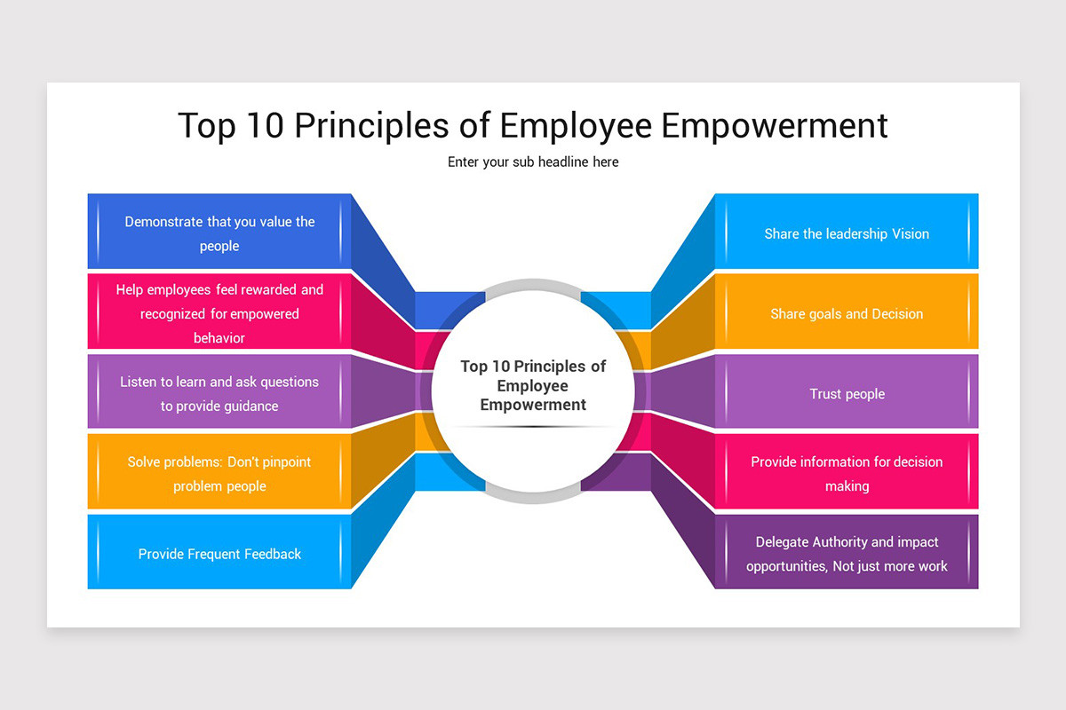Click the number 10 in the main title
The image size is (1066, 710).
pyautogui.click(x=264, y=125)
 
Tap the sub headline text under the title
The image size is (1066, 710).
pyautogui.click(x=533, y=162)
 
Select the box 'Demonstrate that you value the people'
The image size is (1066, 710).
pyautogui.click(x=219, y=233)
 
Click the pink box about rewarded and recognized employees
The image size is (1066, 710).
pyautogui.click(x=219, y=312)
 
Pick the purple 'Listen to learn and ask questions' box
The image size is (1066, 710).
pyautogui.click(x=219, y=393)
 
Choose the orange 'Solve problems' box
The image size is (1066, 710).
pyautogui.click(x=219, y=473)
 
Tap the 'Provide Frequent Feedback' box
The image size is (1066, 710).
pyautogui.click(x=219, y=554)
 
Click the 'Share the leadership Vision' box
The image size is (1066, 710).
pyautogui.click(x=847, y=233)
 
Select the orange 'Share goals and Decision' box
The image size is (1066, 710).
pyautogui.click(x=847, y=313)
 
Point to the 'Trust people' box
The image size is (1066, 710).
pyautogui.click(x=847, y=393)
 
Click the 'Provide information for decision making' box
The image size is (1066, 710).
pyautogui.click(x=847, y=473)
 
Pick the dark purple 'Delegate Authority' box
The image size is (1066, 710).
pyautogui.click(x=847, y=554)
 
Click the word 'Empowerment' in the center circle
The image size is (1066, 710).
pyautogui.click(x=533, y=405)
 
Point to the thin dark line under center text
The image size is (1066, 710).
pyautogui.click(x=533, y=427)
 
